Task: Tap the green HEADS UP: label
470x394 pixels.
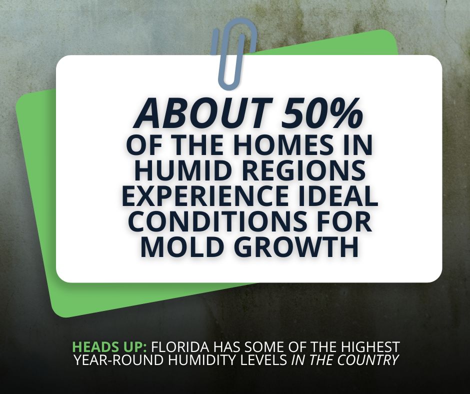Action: [109, 346]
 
